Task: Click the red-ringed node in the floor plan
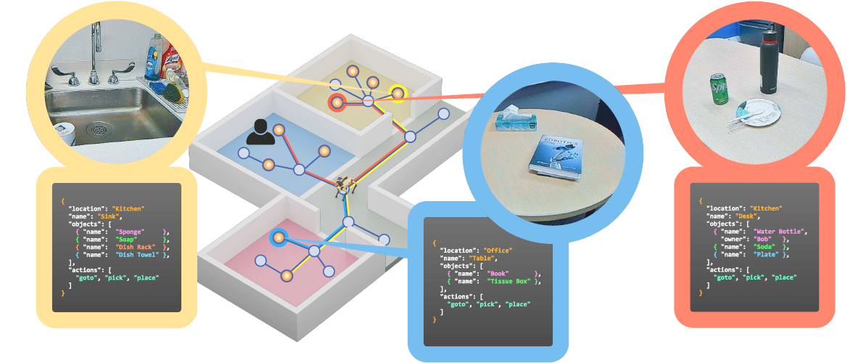337,102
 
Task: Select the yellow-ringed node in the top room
397,93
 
